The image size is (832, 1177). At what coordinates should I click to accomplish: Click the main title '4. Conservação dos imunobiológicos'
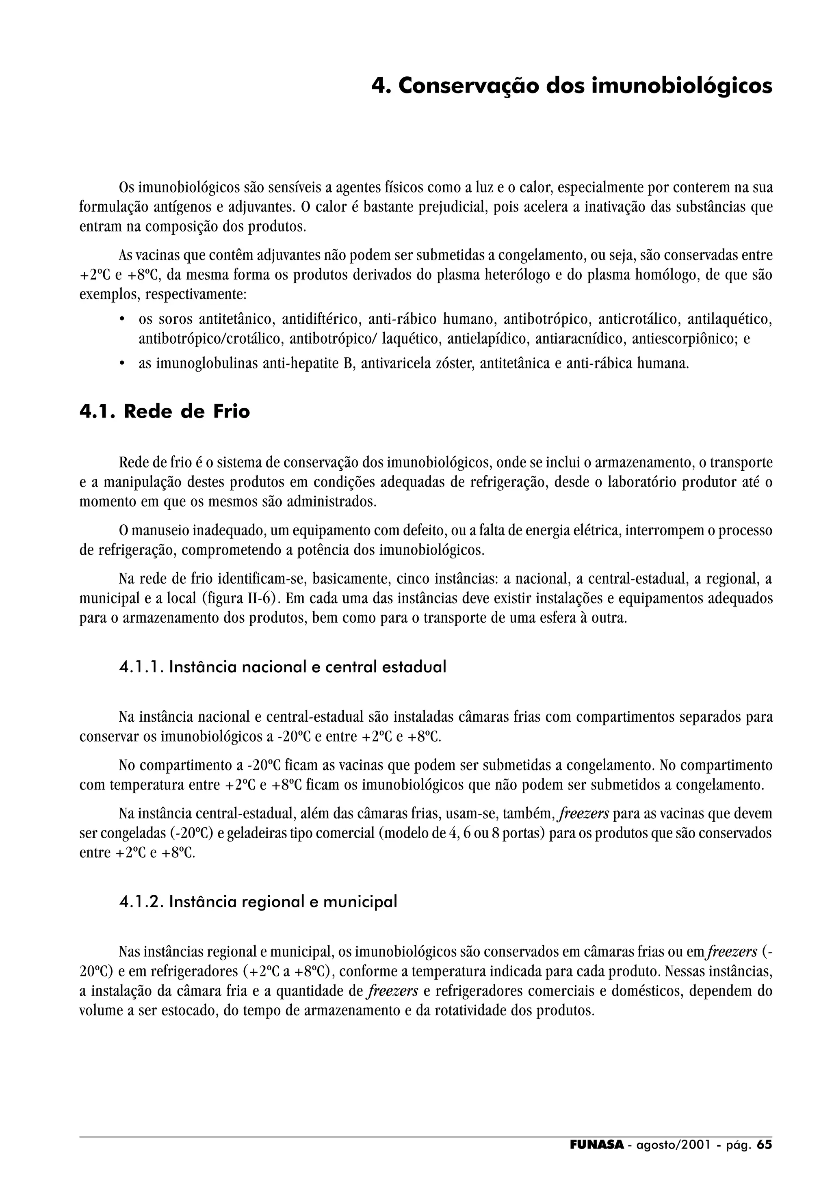(571, 86)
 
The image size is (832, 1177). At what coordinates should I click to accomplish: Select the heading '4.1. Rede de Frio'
(165, 412)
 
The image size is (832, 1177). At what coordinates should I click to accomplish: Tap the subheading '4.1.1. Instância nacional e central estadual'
(282, 667)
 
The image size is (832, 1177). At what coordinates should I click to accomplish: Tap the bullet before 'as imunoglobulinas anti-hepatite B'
(122, 364)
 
